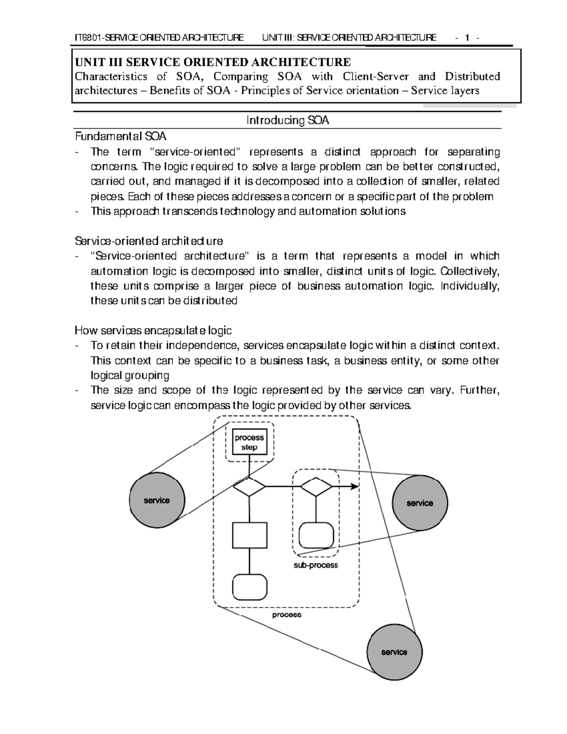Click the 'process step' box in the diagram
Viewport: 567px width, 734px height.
(x=249, y=442)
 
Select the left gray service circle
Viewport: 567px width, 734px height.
(x=157, y=501)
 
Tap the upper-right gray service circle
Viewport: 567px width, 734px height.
(x=420, y=503)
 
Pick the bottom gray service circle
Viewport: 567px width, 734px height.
(x=394, y=652)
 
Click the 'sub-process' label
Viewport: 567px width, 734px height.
(x=316, y=565)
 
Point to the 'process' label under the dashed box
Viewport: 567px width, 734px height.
(x=286, y=615)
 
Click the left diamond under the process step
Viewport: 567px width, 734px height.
(x=249, y=487)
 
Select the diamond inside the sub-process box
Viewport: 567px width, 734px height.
(x=316, y=487)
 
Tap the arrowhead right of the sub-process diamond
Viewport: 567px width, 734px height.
(x=354, y=487)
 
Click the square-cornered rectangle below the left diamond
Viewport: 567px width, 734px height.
(x=249, y=535)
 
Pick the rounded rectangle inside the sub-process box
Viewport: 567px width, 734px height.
(x=316, y=535)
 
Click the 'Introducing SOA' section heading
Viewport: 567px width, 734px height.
(x=287, y=121)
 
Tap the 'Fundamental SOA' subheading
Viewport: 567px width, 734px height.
(x=121, y=137)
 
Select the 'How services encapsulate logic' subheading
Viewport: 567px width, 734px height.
(x=154, y=330)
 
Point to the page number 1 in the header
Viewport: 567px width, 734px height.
(x=467, y=38)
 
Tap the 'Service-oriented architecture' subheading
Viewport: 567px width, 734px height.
(x=149, y=241)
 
